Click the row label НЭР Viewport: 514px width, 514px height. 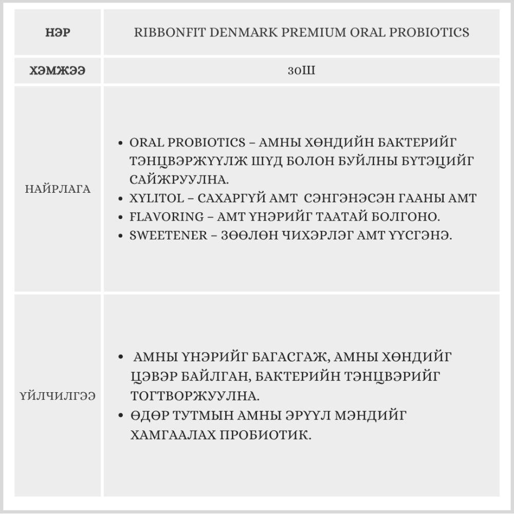point(58,33)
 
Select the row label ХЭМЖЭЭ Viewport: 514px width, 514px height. point(58,71)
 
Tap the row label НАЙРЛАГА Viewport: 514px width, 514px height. point(58,189)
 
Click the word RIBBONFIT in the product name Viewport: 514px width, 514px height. point(165,33)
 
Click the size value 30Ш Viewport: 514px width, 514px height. point(301,71)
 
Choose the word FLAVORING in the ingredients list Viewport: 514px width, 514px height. point(159,216)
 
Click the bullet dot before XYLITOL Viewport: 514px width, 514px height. point(120,199)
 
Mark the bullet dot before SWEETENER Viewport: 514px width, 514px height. point(120,236)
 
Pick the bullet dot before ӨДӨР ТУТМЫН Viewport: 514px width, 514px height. point(120,415)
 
